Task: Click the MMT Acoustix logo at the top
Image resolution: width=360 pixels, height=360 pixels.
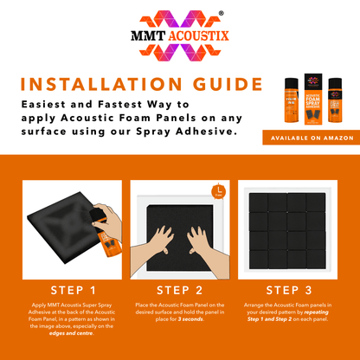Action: click(x=179, y=38)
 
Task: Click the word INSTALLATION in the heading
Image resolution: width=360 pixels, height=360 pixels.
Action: click(x=103, y=85)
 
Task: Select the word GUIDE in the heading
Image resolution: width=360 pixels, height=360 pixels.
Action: click(x=222, y=85)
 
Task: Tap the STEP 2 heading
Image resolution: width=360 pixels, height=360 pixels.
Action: click(x=179, y=289)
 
